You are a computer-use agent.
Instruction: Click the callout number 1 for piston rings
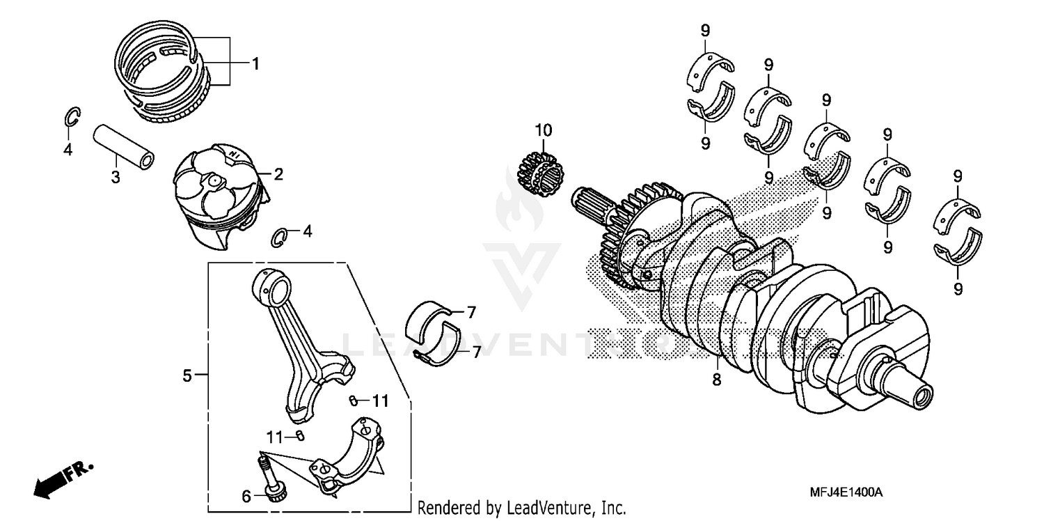[255, 64]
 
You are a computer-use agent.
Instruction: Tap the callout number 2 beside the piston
[278, 174]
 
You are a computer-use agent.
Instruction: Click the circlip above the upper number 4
[72, 118]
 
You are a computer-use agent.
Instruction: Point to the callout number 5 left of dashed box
[187, 376]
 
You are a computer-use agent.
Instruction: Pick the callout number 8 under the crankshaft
[717, 380]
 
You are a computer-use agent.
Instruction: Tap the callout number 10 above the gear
[543, 130]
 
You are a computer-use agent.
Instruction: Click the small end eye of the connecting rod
[270, 284]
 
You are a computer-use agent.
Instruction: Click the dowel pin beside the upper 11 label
[354, 400]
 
